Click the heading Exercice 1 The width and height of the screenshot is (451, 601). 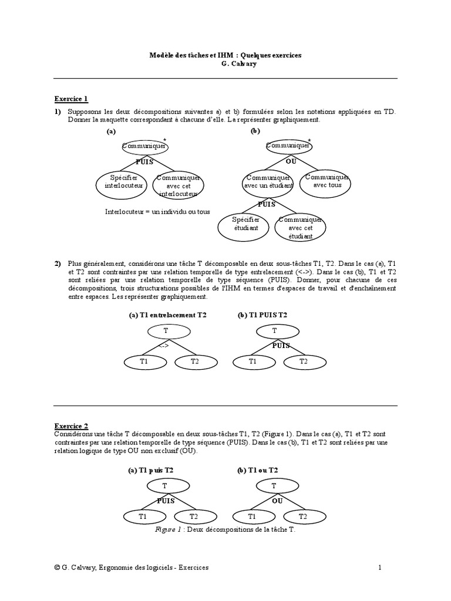71,99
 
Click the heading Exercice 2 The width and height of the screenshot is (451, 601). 71,426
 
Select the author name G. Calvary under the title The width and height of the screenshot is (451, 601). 225,64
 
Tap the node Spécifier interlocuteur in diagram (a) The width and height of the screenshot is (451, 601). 124,181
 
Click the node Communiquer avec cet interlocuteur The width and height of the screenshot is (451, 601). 179,185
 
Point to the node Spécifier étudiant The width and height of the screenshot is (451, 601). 245,224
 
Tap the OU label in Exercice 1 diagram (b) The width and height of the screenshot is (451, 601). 291,160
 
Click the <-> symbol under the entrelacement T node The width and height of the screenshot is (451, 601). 165,346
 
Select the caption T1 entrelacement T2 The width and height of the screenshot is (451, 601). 168,315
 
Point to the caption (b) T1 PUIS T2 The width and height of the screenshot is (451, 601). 262,315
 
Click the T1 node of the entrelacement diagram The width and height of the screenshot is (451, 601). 144,362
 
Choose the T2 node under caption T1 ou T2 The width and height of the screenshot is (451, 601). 303,516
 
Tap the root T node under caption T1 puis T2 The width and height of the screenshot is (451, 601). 164,486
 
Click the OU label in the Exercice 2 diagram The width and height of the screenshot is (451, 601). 278,501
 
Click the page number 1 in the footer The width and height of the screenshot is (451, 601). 380,568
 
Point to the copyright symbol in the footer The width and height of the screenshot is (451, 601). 56,568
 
